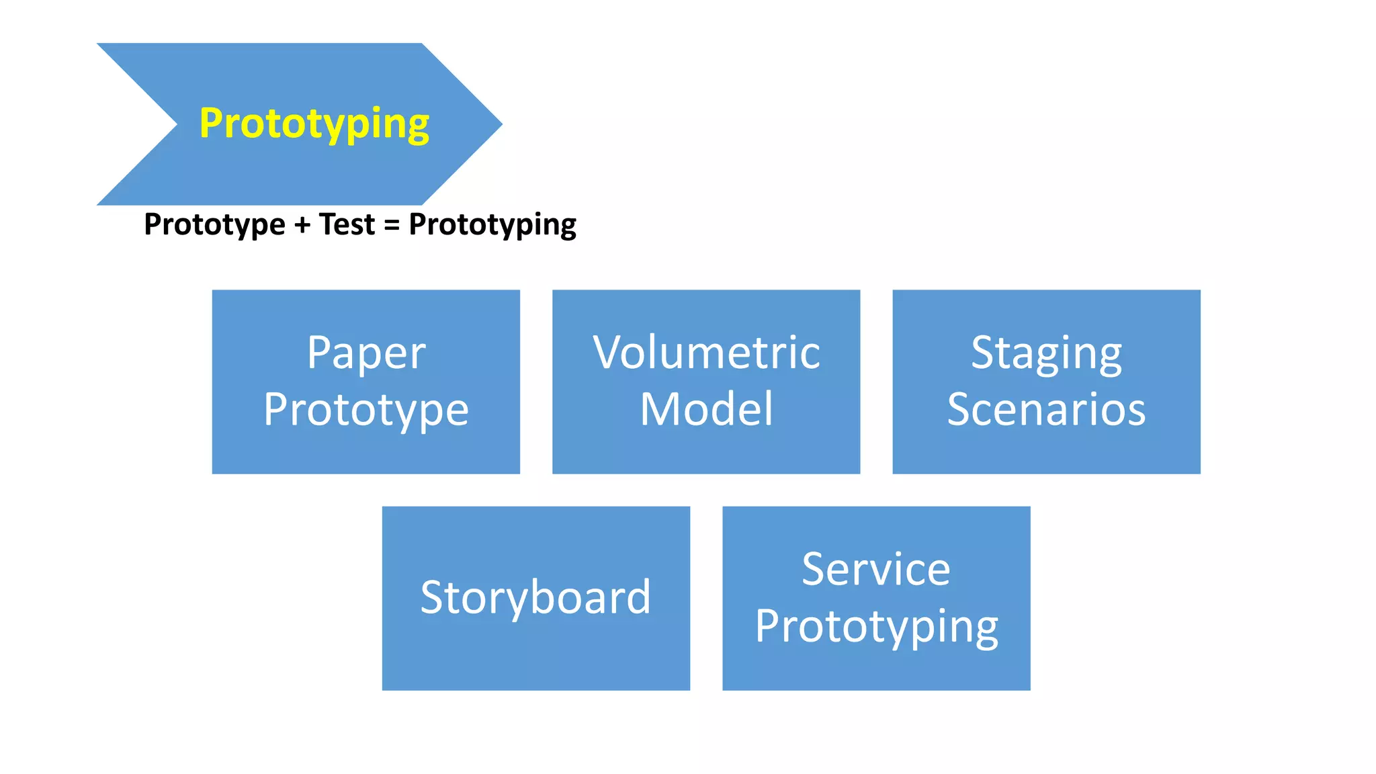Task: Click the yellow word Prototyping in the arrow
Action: (x=314, y=124)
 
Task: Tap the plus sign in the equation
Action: (x=302, y=224)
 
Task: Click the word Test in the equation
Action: (x=347, y=224)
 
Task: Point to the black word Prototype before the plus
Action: (x=214, y=225)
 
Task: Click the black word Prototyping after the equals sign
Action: (x=492, y=225)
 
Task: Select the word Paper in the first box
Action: (x=366, y=353)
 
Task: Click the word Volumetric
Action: (x=706, y=353)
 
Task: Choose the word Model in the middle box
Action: (x=706, y=409)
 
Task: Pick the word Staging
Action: (x=1046, y=353)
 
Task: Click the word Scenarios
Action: (x=1046, y=409)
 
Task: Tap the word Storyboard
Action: (x=535, y=597)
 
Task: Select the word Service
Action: (x=876, y=570)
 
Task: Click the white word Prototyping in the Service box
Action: (x=876, y=627)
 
